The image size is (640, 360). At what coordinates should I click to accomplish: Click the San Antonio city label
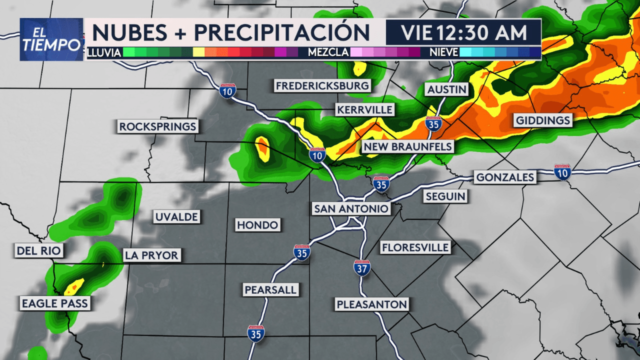[351, 208]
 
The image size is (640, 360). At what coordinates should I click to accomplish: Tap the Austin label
[447, 90]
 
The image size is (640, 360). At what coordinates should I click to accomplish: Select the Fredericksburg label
[322, 86]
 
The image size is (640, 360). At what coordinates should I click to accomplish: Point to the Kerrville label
[365, 109]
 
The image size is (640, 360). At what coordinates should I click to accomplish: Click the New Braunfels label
[407, 147]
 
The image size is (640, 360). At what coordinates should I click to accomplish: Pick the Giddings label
[542, 120]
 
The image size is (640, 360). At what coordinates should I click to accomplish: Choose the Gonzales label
[505, 177]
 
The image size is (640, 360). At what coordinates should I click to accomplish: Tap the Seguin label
[445, 196]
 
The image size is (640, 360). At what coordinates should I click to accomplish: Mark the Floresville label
[415, 247]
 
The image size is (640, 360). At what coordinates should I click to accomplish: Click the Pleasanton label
[372, 304]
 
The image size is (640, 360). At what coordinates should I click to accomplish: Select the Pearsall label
[270, 289]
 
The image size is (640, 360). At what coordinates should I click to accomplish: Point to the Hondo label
[257, 225]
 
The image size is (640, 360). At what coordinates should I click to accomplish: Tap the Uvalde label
[176, 217]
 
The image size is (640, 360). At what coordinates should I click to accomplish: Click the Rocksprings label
[157, 126]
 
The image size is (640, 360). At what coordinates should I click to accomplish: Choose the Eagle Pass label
[54, 303]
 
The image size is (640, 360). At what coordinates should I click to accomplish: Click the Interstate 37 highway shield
[362, 268]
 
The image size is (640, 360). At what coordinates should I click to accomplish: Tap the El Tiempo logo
[51, 39]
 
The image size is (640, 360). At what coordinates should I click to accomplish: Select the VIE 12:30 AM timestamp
[463, 32]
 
